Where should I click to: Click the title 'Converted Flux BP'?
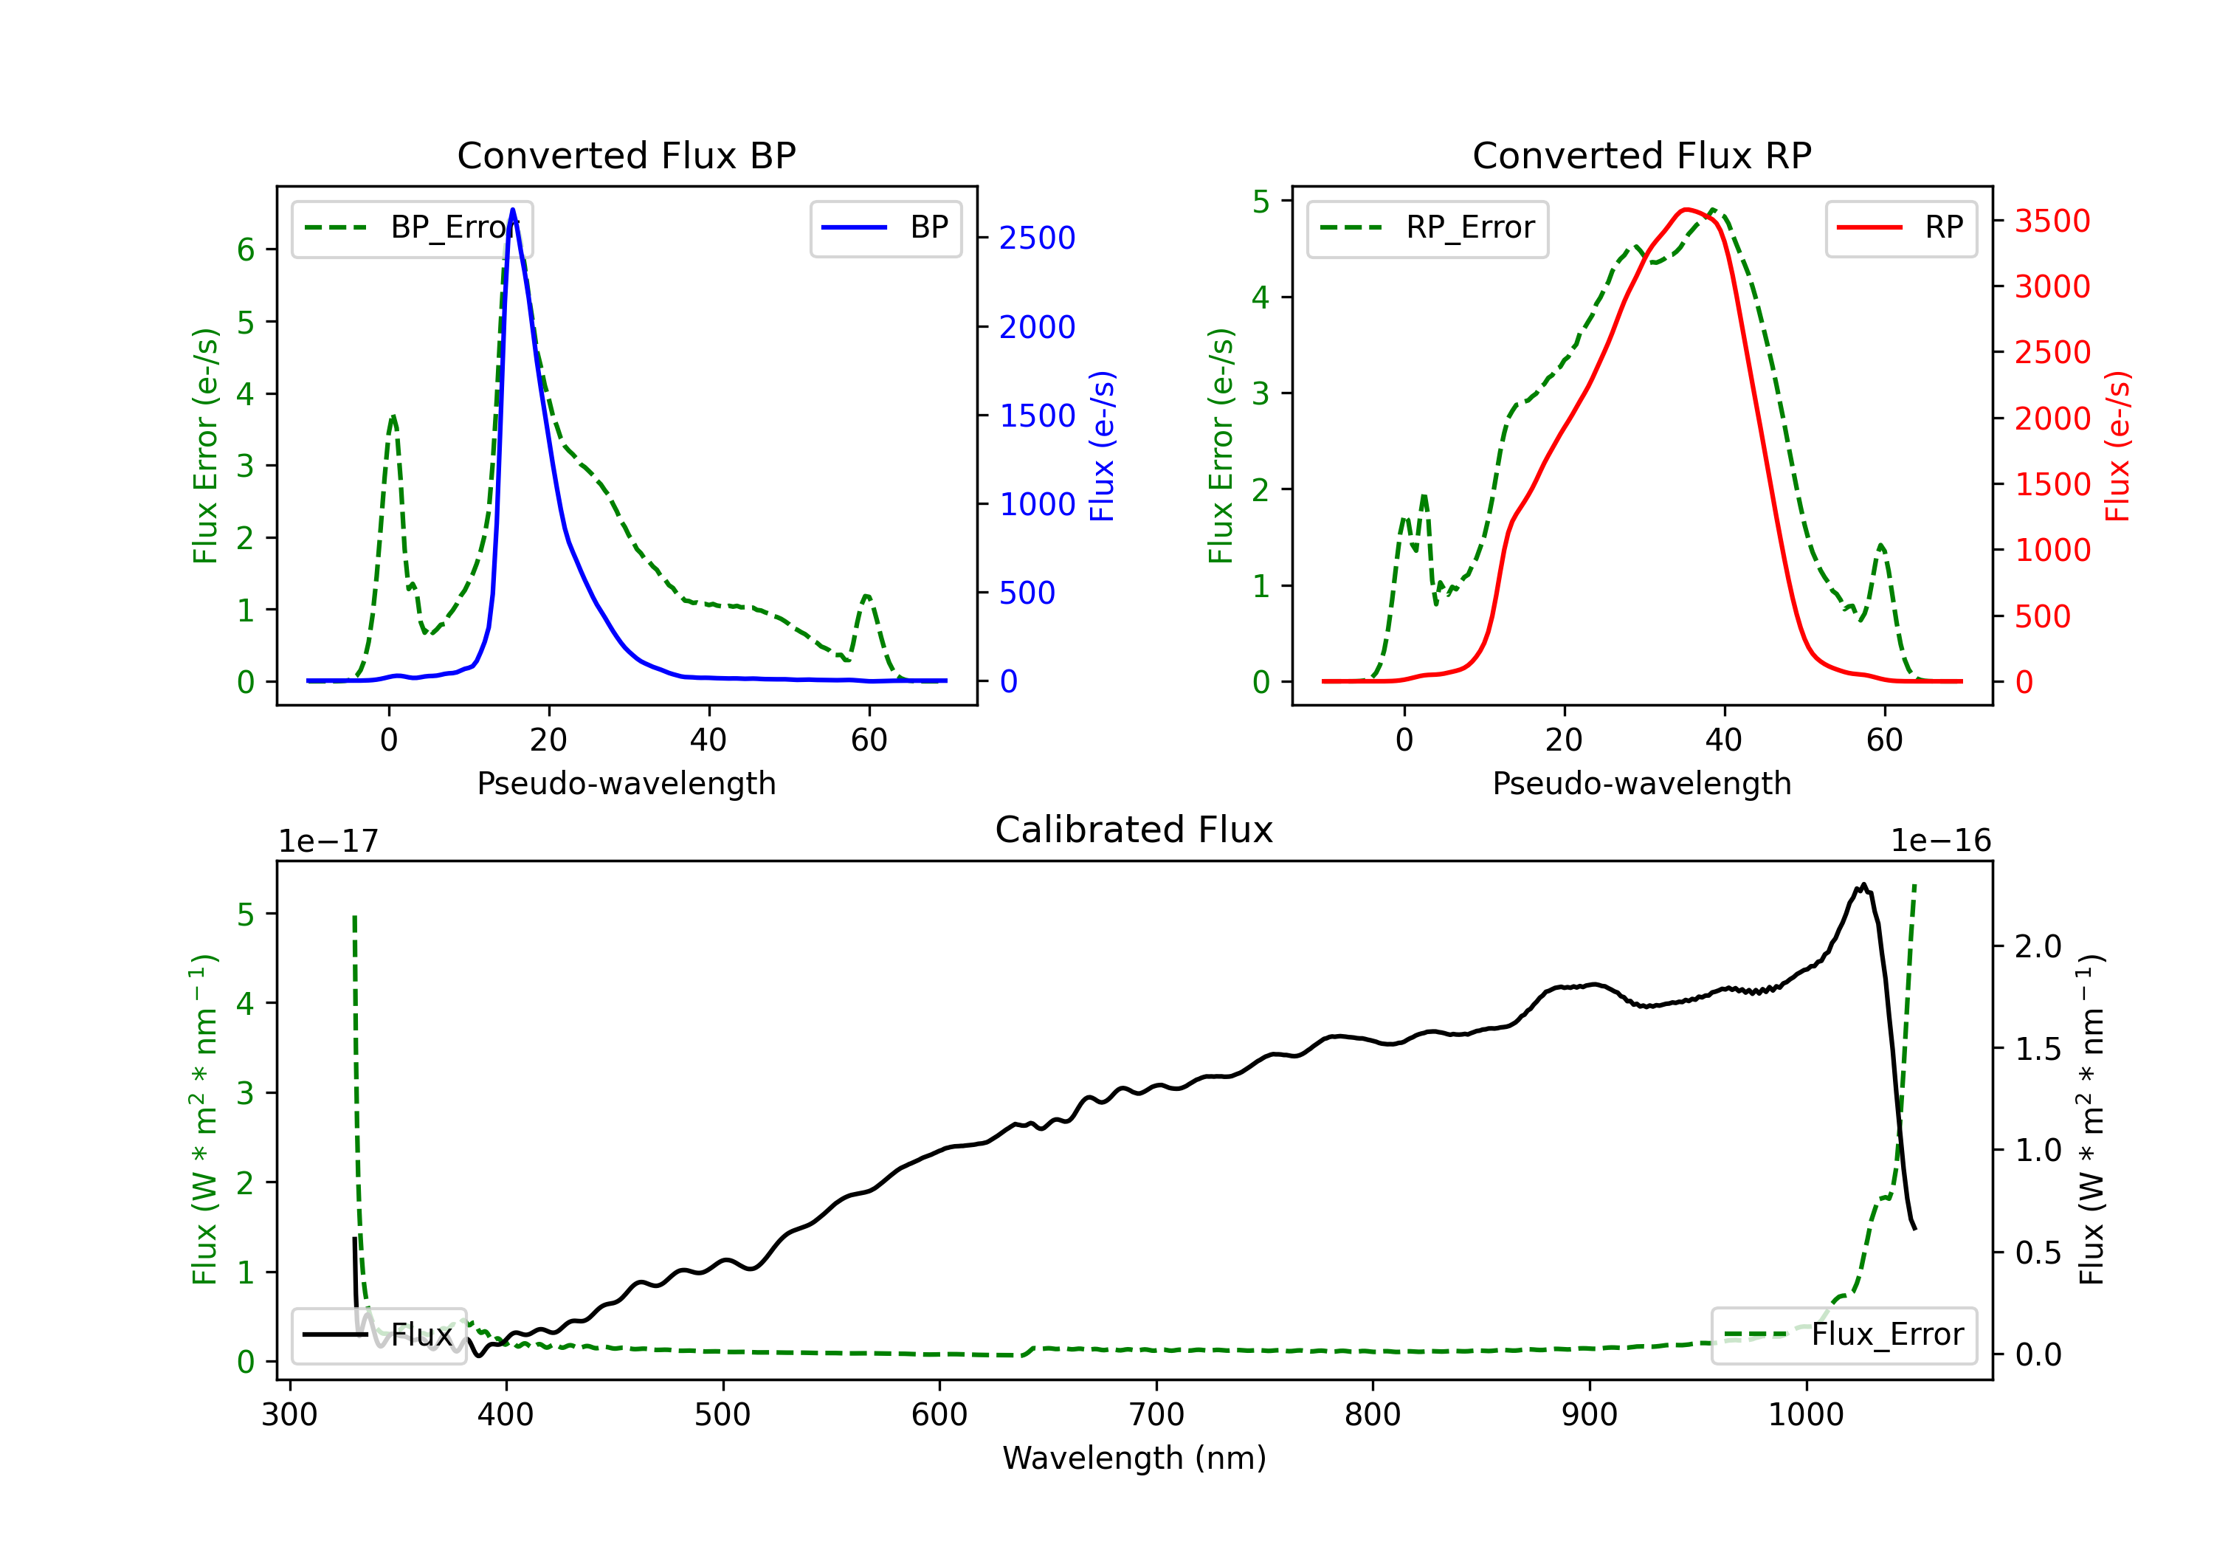(626, 155)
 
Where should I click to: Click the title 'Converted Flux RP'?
(1641, 155)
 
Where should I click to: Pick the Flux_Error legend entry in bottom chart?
(1844, 1335)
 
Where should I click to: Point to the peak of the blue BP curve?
(513, 210)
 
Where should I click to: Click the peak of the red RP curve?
(1686, 210)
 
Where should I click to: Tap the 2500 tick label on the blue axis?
(1037, 238)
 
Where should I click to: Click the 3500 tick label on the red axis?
(2052, 221)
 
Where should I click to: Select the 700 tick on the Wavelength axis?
(1156, 1415)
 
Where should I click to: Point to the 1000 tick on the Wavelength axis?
(1806, 1415)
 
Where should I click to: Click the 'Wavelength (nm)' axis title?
(1134, 1458)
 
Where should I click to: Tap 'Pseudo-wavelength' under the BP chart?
(626, 783)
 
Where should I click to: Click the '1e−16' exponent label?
(1940, 841)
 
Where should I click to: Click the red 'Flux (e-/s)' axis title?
(2117, 447)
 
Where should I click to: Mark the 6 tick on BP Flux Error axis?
(246, 249)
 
